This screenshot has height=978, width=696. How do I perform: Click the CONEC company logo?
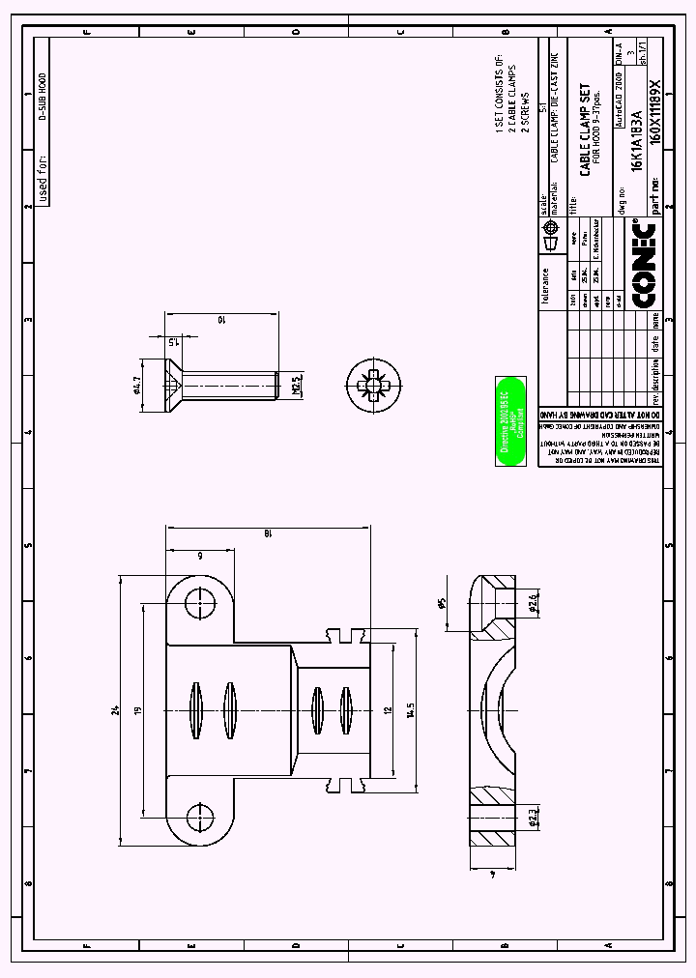pyautogui.click(x=643, y=265)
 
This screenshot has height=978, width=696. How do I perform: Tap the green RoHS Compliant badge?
pyautogui.click(x=509, y=421)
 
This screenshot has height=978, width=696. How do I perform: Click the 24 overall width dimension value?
pyautogui.click(x=114, y=710)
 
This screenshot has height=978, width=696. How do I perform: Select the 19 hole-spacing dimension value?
pyautogui.click(x=138, y=710)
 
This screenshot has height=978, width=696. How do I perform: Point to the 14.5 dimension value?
pyautogui.click(x=410, y=710)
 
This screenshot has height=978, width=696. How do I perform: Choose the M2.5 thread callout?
pyautogui.click(x=298, y=387)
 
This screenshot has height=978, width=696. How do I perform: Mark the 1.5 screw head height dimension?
pyautogui.click(x=173, y=340)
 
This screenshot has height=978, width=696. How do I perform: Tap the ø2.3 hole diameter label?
pyautogui.click(x=533, y=820)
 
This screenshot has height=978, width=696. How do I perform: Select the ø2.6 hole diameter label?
pyautogui.click(x=533, y=604)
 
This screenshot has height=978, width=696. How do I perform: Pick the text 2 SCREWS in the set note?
pyautogui.click(x=525, y=115)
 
